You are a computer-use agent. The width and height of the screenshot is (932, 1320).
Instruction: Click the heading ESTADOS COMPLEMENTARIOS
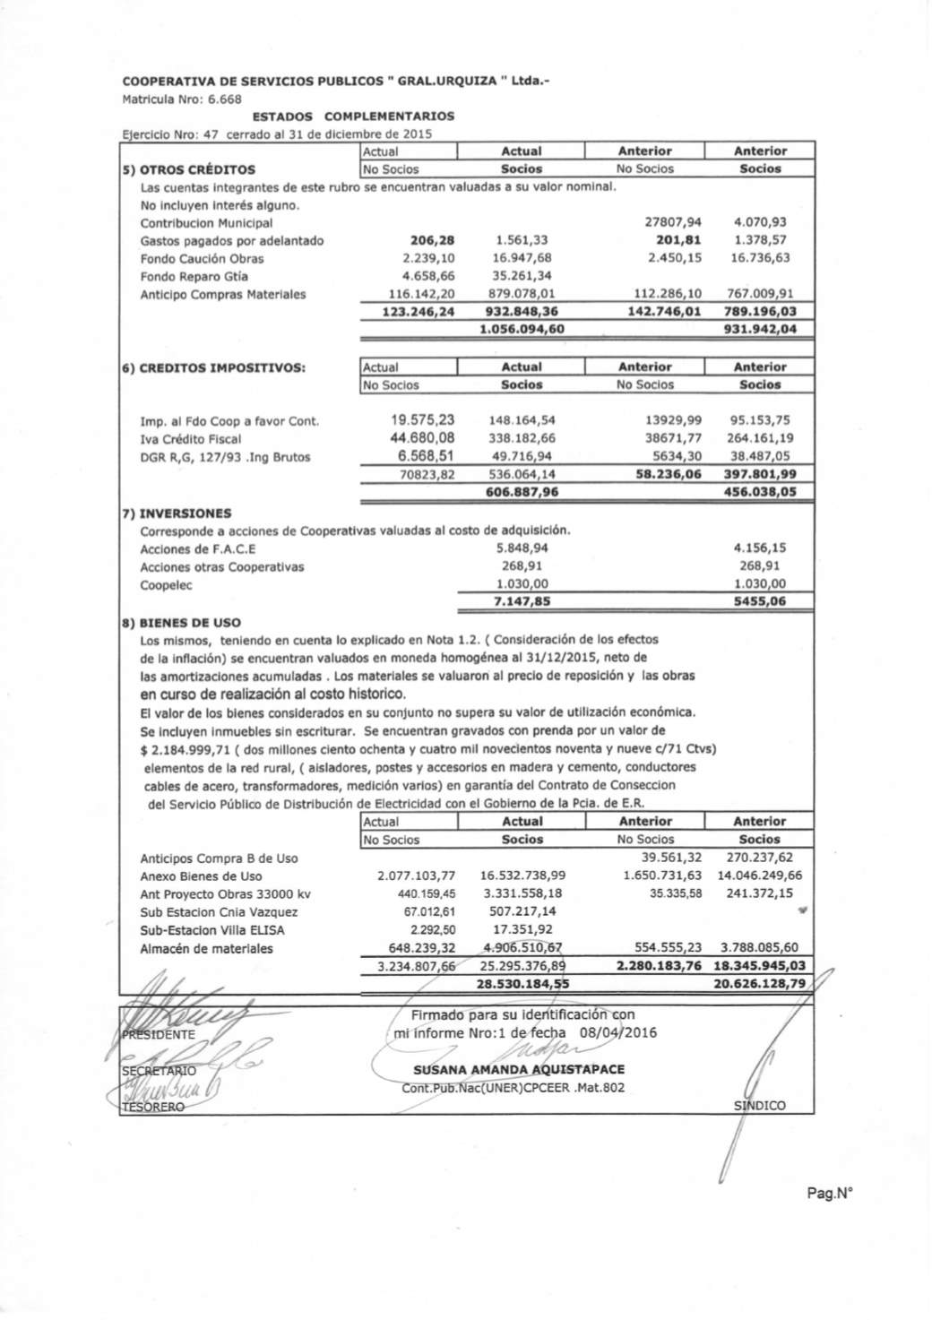[353, 116]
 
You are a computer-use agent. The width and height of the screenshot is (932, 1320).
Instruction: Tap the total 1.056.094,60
[522, 330]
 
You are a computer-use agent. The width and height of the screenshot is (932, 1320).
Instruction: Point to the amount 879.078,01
[522, 294]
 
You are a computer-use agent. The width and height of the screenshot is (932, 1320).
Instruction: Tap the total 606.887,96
[522, 492]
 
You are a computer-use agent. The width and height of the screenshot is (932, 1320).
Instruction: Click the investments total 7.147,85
[522, 602]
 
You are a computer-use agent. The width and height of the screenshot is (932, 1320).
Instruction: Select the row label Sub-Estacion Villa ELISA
[207, 930]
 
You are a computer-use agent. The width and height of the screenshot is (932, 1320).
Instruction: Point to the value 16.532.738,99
[522, 876]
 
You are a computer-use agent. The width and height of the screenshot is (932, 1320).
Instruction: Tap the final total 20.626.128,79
[759, 983]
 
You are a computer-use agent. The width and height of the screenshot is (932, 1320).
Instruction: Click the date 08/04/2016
[617, 1032]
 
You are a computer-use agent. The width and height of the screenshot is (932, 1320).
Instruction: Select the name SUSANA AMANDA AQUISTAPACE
[519, 1070]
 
